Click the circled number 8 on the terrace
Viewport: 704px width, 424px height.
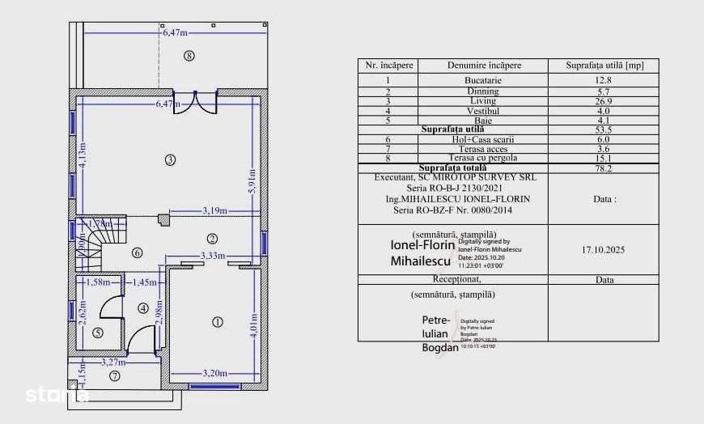click(189, 57)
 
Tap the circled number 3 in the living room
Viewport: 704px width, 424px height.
click(169, 159)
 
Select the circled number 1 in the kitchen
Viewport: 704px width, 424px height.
click(217, 322)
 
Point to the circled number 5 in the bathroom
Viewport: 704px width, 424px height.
click(98, 332)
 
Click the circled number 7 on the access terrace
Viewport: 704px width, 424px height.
click(115, 375)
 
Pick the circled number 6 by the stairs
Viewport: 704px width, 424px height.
click(137, 252)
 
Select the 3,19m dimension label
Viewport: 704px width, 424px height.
click(214, 212)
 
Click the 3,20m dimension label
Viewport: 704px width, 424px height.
click(214, 373)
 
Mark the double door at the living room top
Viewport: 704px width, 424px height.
click(195, 103)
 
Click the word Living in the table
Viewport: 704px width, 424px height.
click(482, 100)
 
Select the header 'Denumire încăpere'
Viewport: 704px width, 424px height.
click(484, 65)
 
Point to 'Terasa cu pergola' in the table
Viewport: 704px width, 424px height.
click(482, 159)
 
